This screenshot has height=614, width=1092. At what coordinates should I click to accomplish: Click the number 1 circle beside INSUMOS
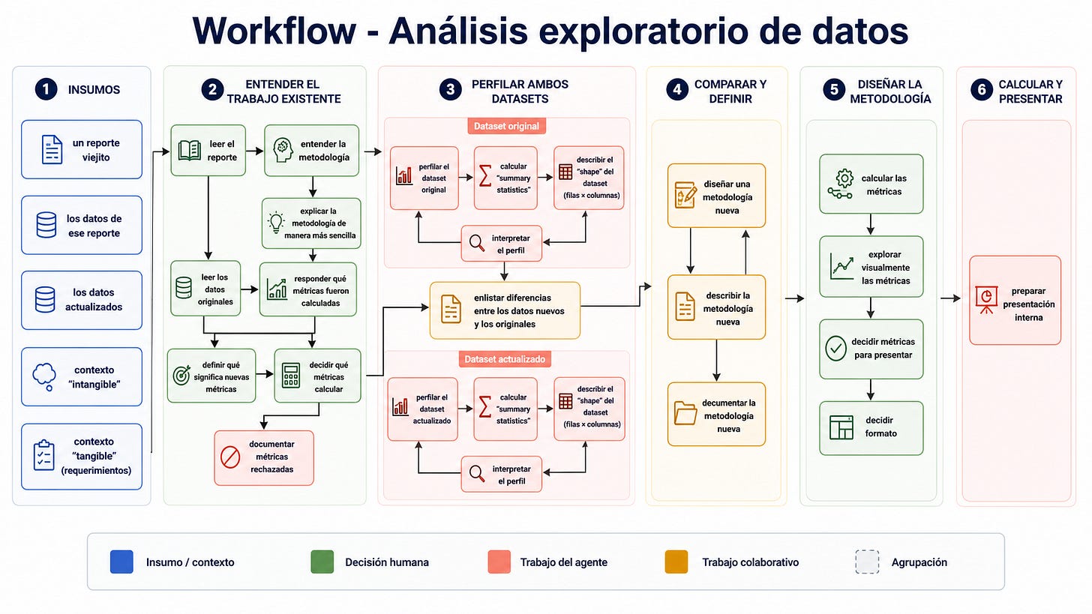click(x=46, y=90)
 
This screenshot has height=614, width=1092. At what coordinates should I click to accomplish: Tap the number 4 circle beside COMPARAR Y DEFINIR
click(x=677, y=90)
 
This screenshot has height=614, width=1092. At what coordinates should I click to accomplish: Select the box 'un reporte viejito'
click(x=82, y=150)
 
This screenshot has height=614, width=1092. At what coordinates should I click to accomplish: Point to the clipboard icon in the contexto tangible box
click(x=43, y=455)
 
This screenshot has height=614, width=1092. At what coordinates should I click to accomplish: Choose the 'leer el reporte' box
click(x=208, y=151)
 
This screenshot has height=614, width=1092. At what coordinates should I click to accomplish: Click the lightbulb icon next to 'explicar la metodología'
click(x=277, y=223)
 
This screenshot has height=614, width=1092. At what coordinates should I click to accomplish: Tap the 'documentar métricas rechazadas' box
click(x=264, y=457)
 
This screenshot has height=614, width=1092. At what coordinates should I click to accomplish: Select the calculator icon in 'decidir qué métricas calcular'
click(x=291, y=376)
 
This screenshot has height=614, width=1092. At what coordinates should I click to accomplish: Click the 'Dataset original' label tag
click(x=506, y=126)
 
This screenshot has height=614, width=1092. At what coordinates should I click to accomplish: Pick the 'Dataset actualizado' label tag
click(x=505, y=359)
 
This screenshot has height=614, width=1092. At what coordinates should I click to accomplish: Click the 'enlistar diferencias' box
click(x=505, y=310)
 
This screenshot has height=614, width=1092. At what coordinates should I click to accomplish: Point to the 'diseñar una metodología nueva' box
click(x=717, y=196)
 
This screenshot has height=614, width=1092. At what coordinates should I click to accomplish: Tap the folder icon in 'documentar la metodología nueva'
click(x=685, y=413)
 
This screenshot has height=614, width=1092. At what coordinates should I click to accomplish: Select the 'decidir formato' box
click(x=871, y=428)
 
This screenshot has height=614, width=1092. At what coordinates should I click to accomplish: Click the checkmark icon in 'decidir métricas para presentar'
click(x=835, y=349)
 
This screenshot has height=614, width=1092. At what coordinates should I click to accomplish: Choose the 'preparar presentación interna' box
click(x=1015, y=300)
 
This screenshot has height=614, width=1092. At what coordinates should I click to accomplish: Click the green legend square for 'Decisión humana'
click(x=322, y=562)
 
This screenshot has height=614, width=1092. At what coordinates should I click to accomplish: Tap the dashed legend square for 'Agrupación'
click(x=867, y=562)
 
